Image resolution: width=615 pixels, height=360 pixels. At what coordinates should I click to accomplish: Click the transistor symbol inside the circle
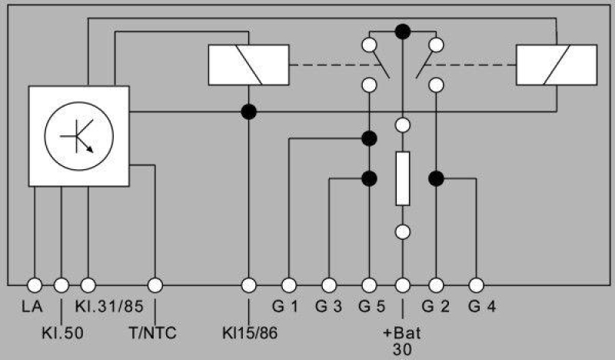pyautogui.click(x=79, y=135)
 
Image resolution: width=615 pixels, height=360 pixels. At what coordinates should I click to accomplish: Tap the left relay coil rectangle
pyautogui.click(x=248, y=64)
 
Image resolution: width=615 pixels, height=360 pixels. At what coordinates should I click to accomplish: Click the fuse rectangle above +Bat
pyautogui.click(x=402, y=178)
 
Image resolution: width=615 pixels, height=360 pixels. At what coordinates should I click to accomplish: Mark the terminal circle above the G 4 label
pyautogui.click(x=476, y=285)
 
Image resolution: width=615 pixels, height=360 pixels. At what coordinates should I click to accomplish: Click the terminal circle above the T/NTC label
pyautogui.click(x=155, y=285)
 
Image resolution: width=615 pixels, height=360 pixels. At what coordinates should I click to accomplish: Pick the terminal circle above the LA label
pyautogui.click(x=35, y=285)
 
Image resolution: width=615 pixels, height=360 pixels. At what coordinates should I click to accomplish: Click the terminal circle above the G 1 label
pyautogui.click(x=289, y=285)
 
